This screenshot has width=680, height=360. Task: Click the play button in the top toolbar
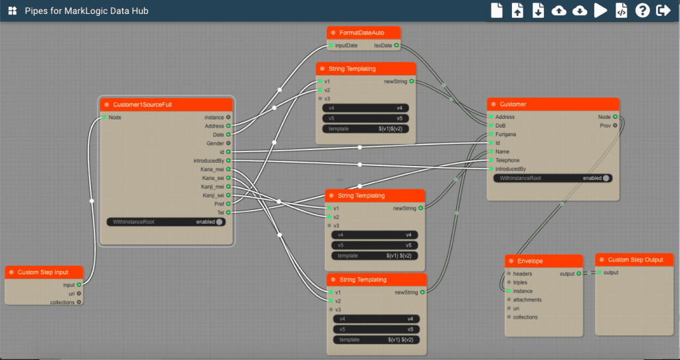pos(600,11)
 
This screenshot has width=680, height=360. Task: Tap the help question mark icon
pos(642,11)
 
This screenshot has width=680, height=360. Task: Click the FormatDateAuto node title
pos(362,33)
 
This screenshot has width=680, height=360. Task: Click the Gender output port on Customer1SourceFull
pos(228,143)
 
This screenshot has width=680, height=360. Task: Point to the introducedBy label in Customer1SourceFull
pos(209,161)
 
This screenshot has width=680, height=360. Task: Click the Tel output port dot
pos(228,213)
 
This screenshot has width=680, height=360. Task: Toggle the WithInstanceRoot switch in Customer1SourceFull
pos(219,222)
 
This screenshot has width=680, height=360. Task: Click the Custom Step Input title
pos(43,272)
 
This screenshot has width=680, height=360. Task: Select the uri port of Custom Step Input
pos(79,294)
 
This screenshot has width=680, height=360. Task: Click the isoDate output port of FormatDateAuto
pos(396,45)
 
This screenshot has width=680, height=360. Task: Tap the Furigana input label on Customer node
pos(505,134)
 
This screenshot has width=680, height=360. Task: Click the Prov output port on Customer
pos(615,126)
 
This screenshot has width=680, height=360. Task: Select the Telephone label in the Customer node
pos(507,161)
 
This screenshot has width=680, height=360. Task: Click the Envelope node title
pos(530,261)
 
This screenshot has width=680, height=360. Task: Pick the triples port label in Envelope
pos(520,282)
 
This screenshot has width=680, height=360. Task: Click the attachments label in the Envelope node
pos(527,300)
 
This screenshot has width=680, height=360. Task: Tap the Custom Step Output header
pos(634,260)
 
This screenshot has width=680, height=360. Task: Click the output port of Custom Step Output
pos(600,272)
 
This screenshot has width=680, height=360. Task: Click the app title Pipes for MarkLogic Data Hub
pos(87,11)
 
